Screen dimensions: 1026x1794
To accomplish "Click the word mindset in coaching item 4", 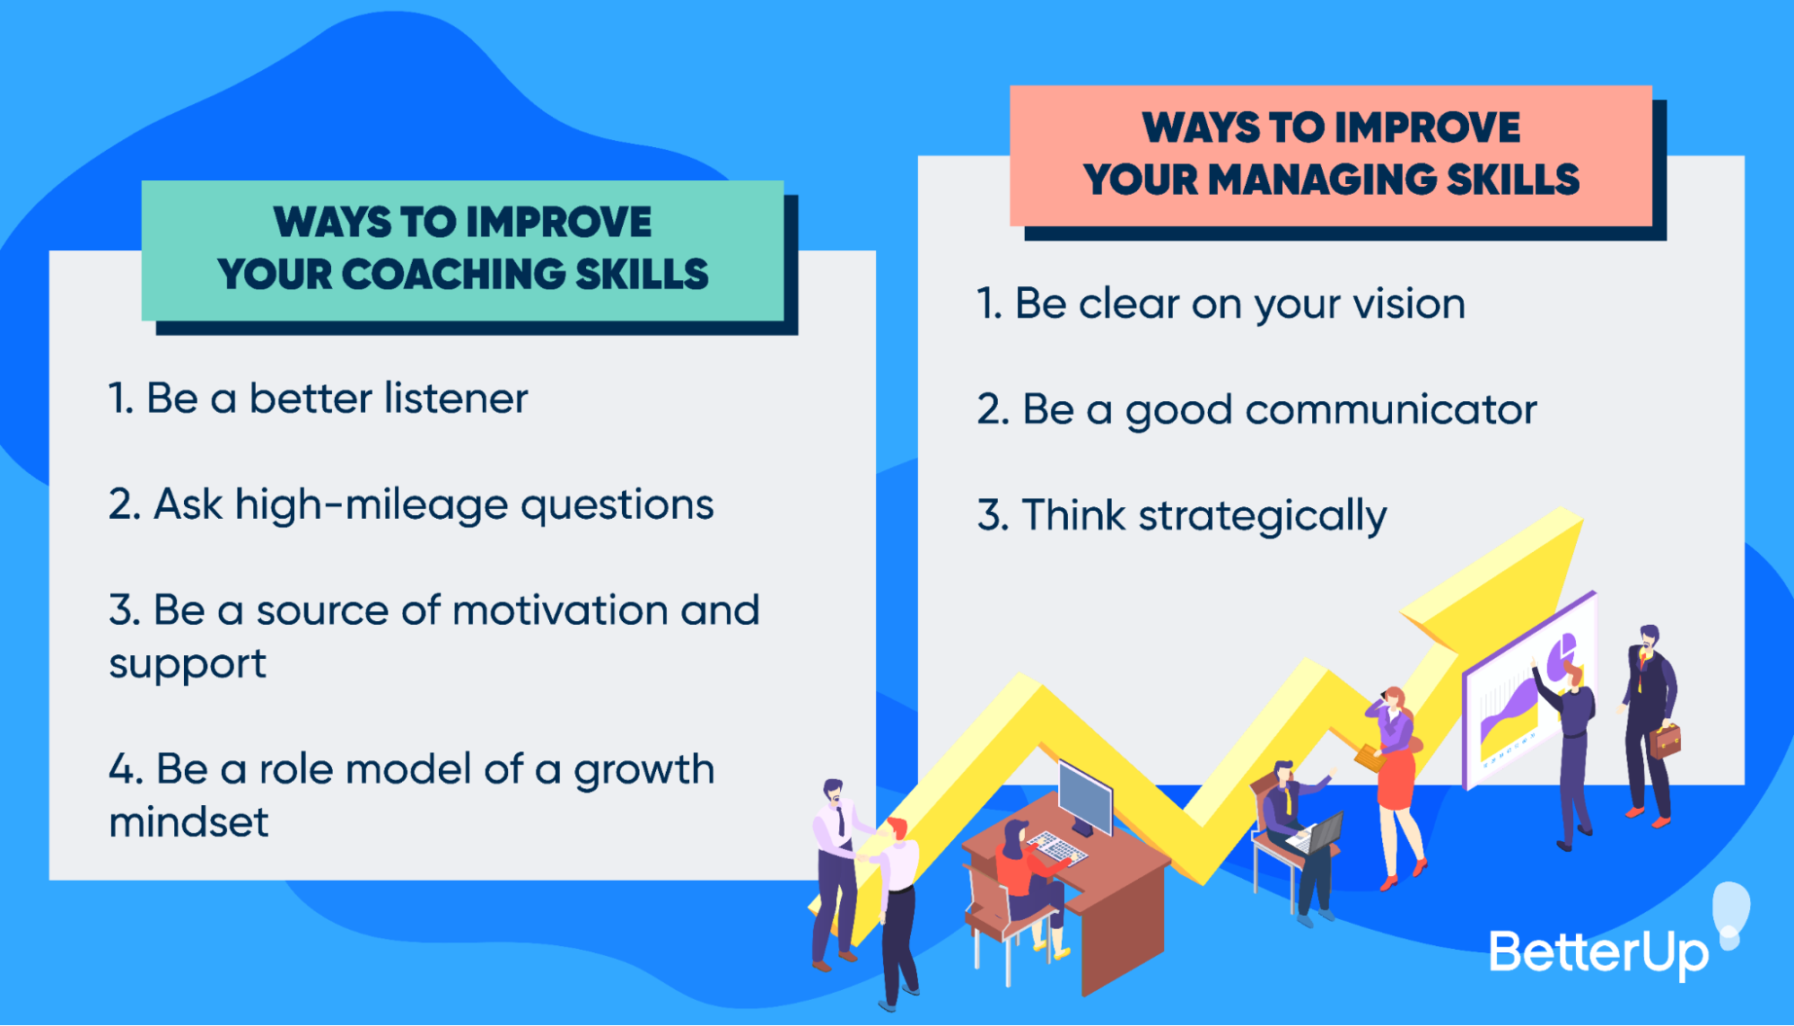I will (x=188, y=822).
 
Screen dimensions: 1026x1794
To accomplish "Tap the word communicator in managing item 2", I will (x=1390, y=411).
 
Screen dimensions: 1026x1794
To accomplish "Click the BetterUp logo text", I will (x=1598, y=952).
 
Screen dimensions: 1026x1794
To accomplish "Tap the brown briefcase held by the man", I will (x=1664, y=741).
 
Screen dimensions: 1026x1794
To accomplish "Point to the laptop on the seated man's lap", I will (x=1318, y=835).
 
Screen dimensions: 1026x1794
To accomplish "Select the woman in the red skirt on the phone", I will (x=1396, y=781).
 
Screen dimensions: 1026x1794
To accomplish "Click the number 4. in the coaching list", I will (x=125, y=770).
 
